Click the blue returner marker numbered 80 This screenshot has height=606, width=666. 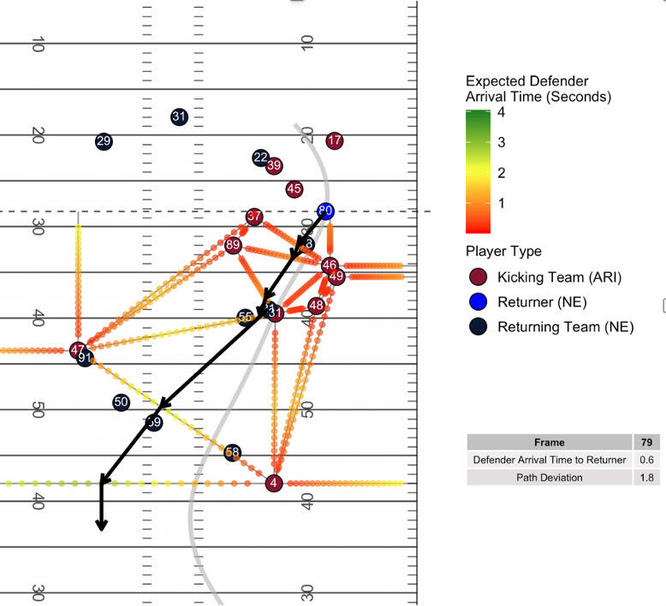325,211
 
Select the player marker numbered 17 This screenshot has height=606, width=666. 335,140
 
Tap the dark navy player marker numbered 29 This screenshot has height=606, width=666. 104,141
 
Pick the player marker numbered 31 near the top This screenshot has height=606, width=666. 179,116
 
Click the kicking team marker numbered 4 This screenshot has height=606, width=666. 274,484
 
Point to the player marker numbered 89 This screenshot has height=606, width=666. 233,246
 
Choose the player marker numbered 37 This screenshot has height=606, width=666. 254,217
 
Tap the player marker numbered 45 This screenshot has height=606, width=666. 294,188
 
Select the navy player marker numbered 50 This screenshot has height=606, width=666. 121,402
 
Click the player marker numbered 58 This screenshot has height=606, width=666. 232,453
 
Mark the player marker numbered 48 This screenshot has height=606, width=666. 317,306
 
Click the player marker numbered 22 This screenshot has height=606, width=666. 261,157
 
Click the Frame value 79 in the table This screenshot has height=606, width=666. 647,443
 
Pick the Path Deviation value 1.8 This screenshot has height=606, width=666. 647,478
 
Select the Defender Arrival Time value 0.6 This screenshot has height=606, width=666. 647,460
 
